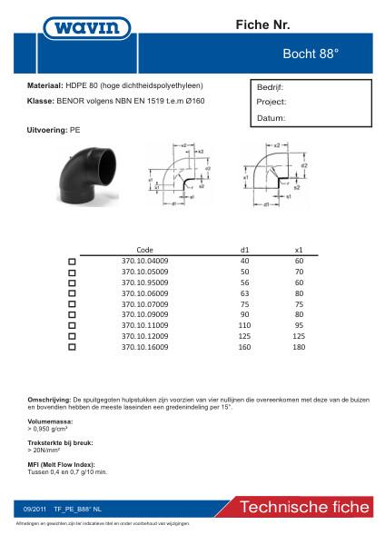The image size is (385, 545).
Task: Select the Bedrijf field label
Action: coord(271,88)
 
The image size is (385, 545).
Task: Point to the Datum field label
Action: coord(271,118)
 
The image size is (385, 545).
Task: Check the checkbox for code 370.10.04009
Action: coord(72,261)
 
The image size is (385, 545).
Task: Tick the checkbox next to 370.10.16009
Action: coord(72,347)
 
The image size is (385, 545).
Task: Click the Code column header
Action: coord(144,248)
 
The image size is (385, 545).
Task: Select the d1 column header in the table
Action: coord(243,248)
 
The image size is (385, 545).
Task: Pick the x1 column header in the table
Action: coord(299,248)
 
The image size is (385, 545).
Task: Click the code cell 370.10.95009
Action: coord(145,282)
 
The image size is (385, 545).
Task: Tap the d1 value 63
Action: coord(243,292)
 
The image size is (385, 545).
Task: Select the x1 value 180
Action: coord(299,346)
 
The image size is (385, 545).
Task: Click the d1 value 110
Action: coord(243,324)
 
